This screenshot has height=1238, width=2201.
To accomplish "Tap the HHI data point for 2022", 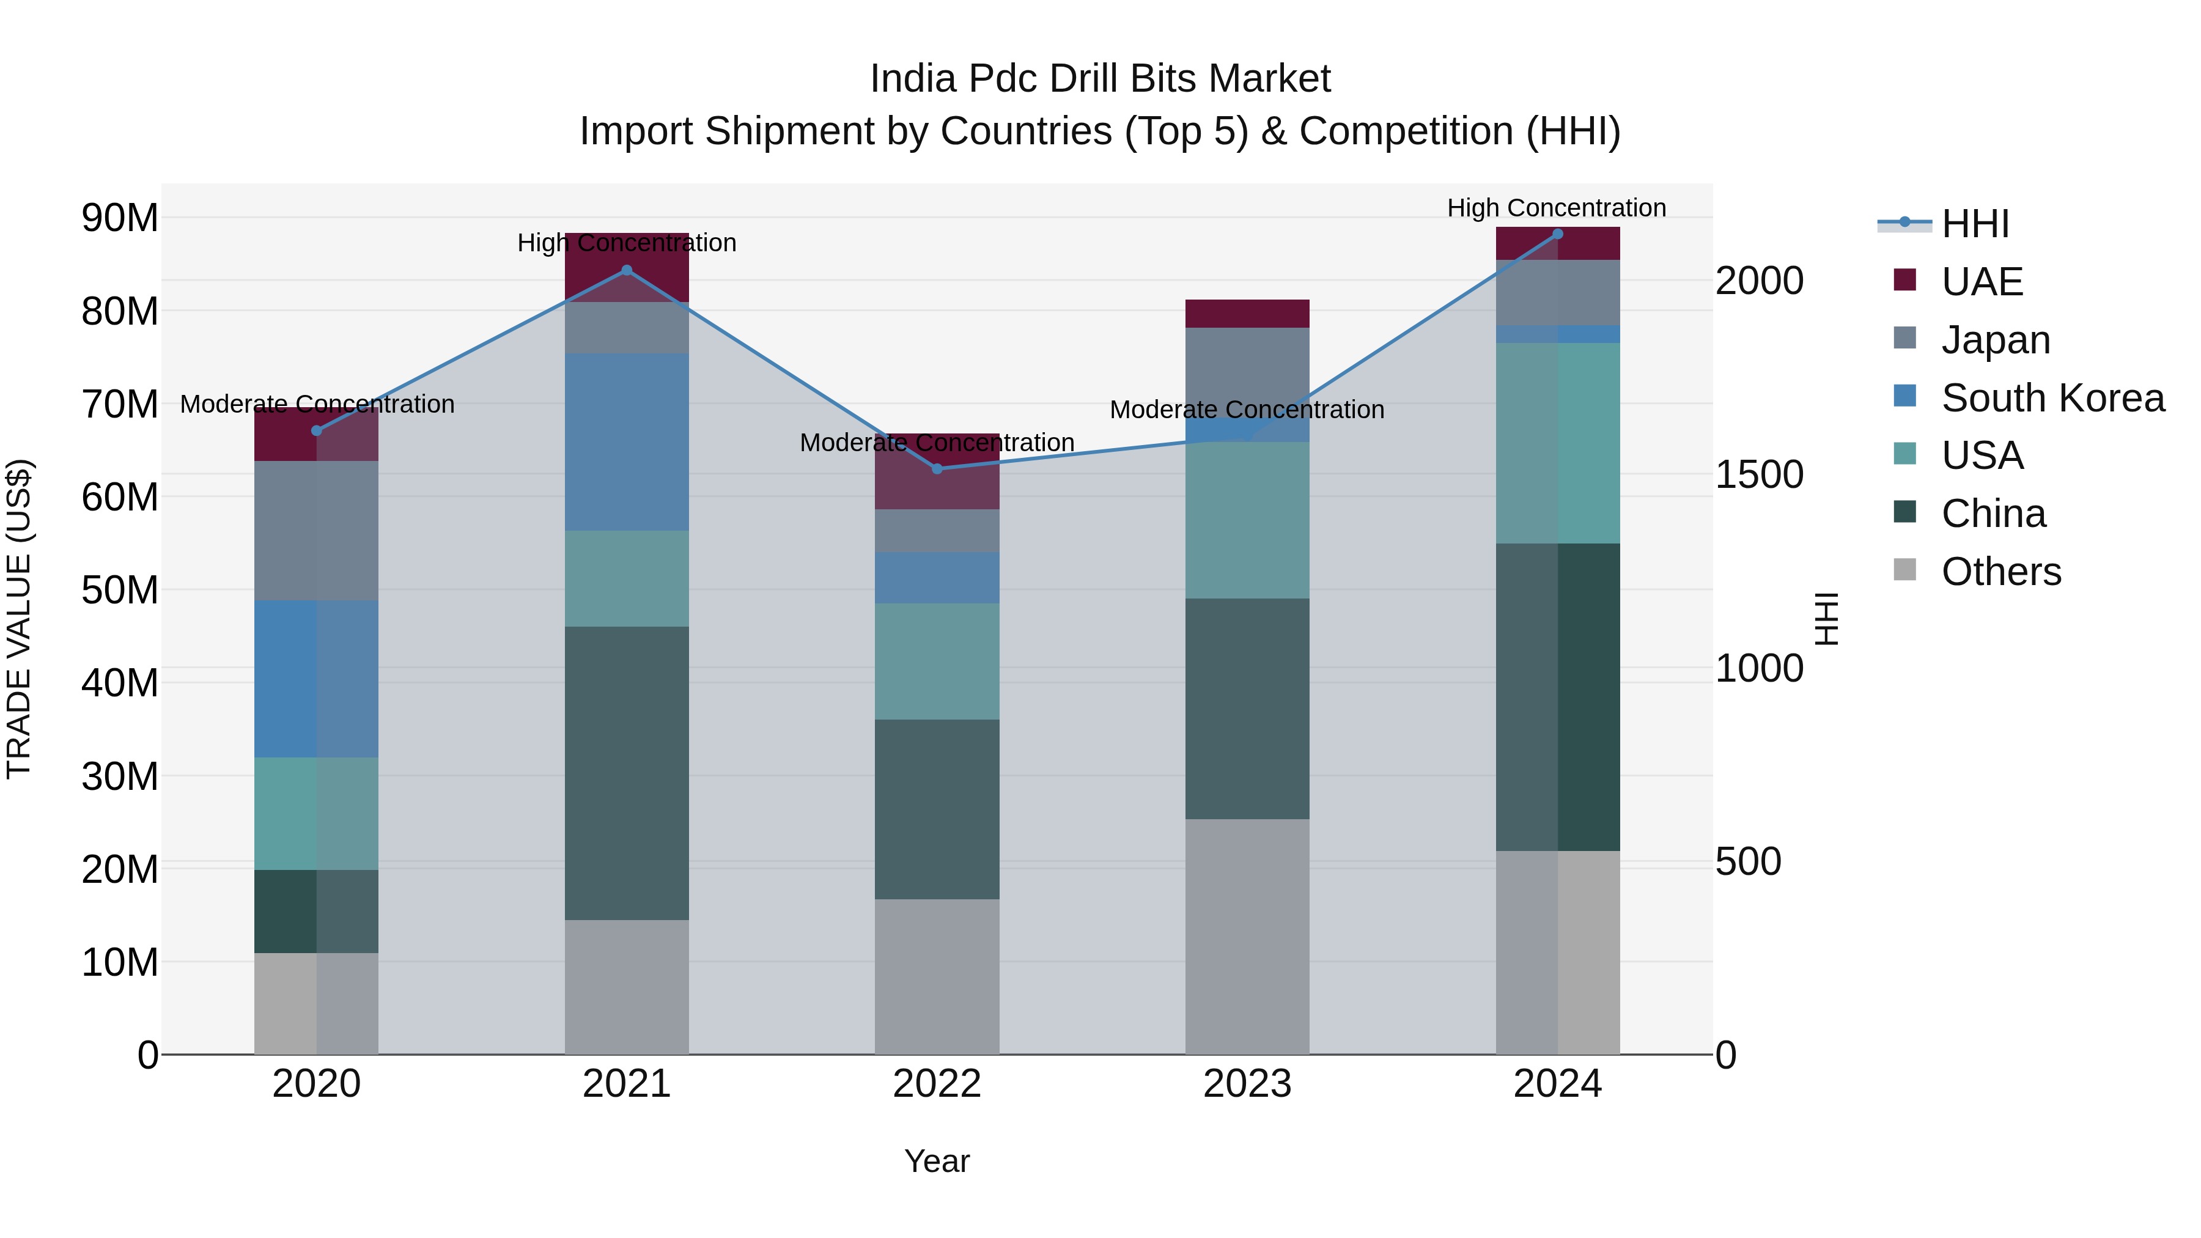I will tap(937, 469).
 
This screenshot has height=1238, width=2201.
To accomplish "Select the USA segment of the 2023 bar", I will tap(1247, 520).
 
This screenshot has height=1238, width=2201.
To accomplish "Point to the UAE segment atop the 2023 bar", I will tap(1247, 314).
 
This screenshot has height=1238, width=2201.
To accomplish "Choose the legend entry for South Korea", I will tap(2052, 398).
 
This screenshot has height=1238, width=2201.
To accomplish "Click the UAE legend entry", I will tap(1982, 282).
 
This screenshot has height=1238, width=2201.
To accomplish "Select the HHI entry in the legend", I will tap(1975, 224).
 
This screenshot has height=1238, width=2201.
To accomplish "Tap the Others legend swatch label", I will tap(2000, 572).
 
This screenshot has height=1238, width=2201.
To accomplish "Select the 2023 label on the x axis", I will tap(1247, 1084).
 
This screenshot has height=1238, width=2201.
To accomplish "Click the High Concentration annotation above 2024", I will tap(1556, 208).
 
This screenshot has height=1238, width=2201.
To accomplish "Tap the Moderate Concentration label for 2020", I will tap(317, 404).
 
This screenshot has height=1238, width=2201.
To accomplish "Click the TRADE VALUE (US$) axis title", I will tap(19, 619).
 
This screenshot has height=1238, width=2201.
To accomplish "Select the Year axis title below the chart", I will tap(937, 1161).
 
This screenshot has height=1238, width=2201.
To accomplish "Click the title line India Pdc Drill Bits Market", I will tap(1100, 79).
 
